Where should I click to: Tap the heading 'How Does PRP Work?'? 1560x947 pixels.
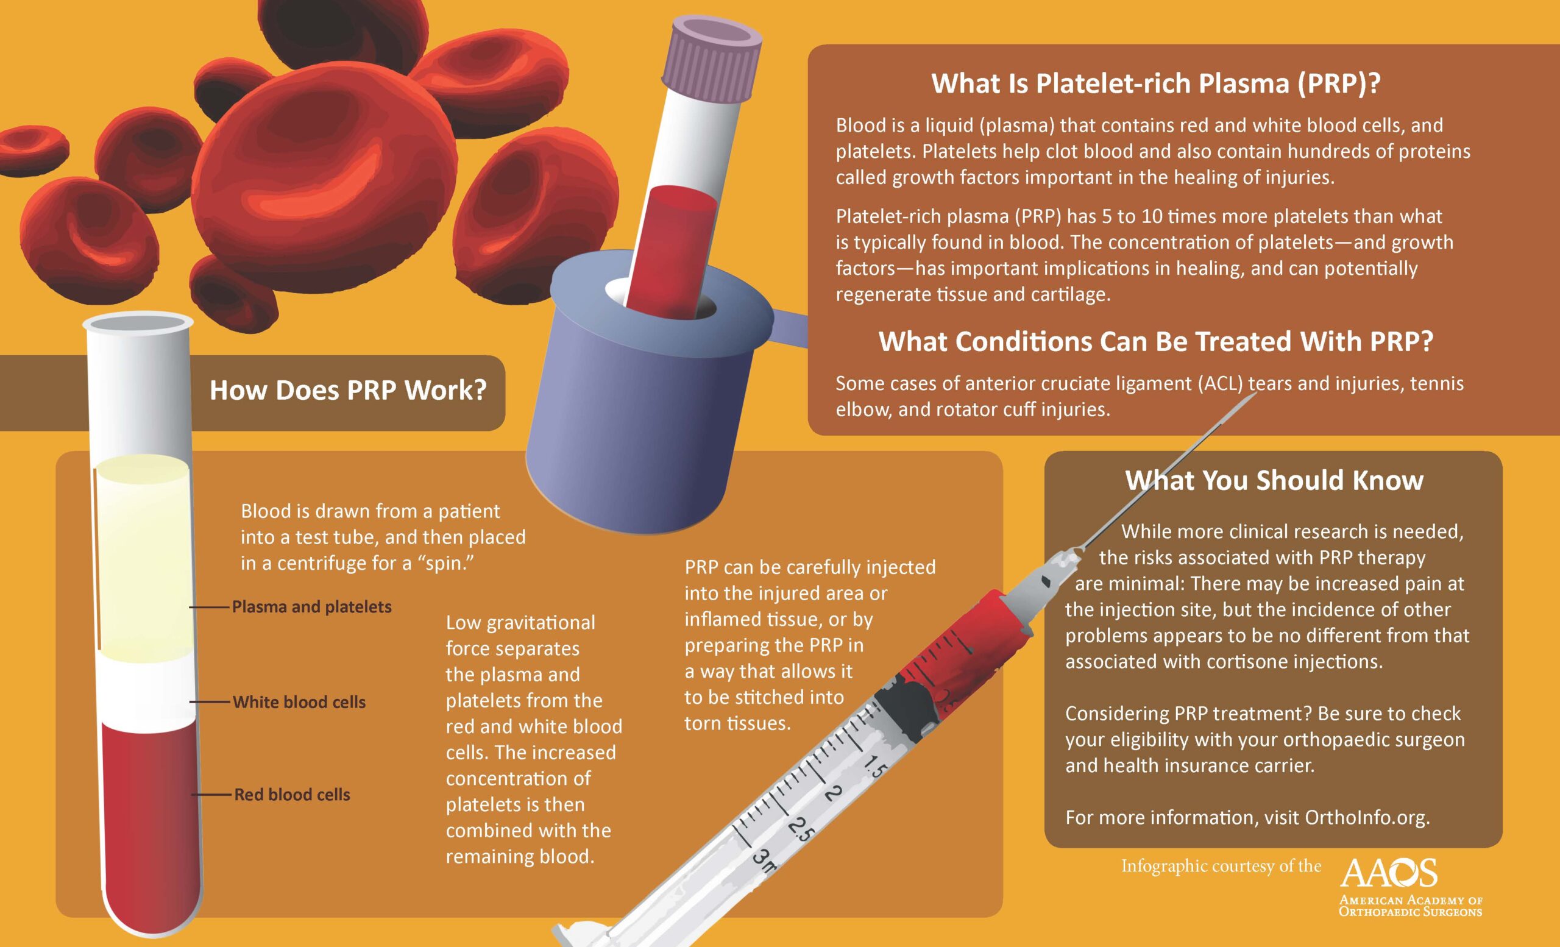(x=347, y=390)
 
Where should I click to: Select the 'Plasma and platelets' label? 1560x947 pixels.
(x=311, y=606)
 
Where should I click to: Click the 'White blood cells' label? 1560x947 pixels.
(x=299, y=702)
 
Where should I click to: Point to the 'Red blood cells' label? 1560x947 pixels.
(x=292, y=795)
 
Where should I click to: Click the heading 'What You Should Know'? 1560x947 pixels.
(x=1274, y=480)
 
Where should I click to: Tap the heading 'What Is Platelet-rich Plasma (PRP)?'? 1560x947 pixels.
(x=1155, y=83)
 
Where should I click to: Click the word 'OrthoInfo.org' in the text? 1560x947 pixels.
(x=1366, y=817)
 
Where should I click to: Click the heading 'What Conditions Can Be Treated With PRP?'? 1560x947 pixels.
(x=1155, y=342)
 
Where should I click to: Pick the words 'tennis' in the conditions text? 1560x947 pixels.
(x=1436, y=383)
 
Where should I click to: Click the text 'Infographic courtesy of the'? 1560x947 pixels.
(x=1221, y=866)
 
